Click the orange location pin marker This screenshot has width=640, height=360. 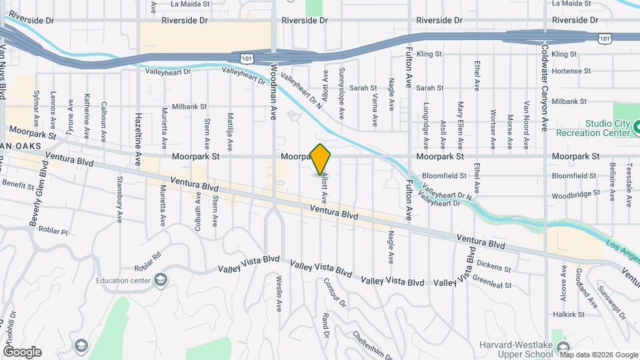pos(321,159)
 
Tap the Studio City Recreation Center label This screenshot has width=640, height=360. pos(607,128)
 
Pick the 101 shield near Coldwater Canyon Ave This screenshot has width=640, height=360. pos(604,39)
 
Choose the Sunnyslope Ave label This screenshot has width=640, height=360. pos(341,93)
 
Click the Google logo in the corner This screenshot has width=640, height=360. pos(22,352)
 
